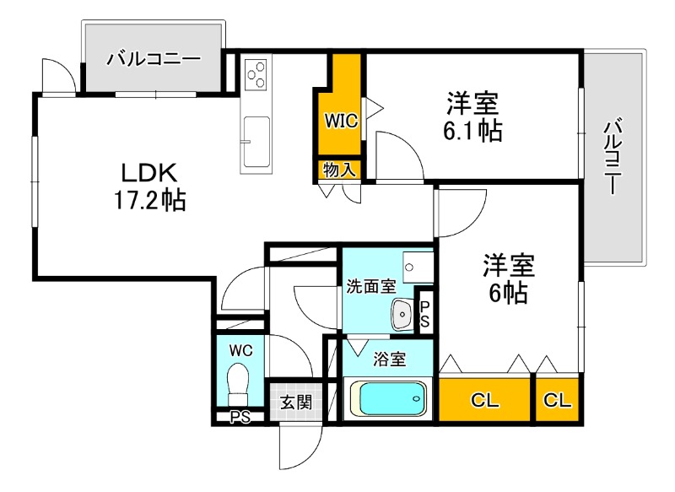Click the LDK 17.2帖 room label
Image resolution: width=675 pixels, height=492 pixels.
[148, 187]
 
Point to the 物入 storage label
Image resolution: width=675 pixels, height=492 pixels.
[339, 170]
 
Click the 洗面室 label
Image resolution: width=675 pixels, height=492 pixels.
[370, 285]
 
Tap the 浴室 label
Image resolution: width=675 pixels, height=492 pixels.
[388, 360]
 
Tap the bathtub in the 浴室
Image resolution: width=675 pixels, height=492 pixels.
[387, 398]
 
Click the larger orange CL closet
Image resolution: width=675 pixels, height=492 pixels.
[484, 399]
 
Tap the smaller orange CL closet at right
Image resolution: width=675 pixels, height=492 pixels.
[557, 399]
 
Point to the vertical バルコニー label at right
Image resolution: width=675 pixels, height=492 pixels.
[613, 157]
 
